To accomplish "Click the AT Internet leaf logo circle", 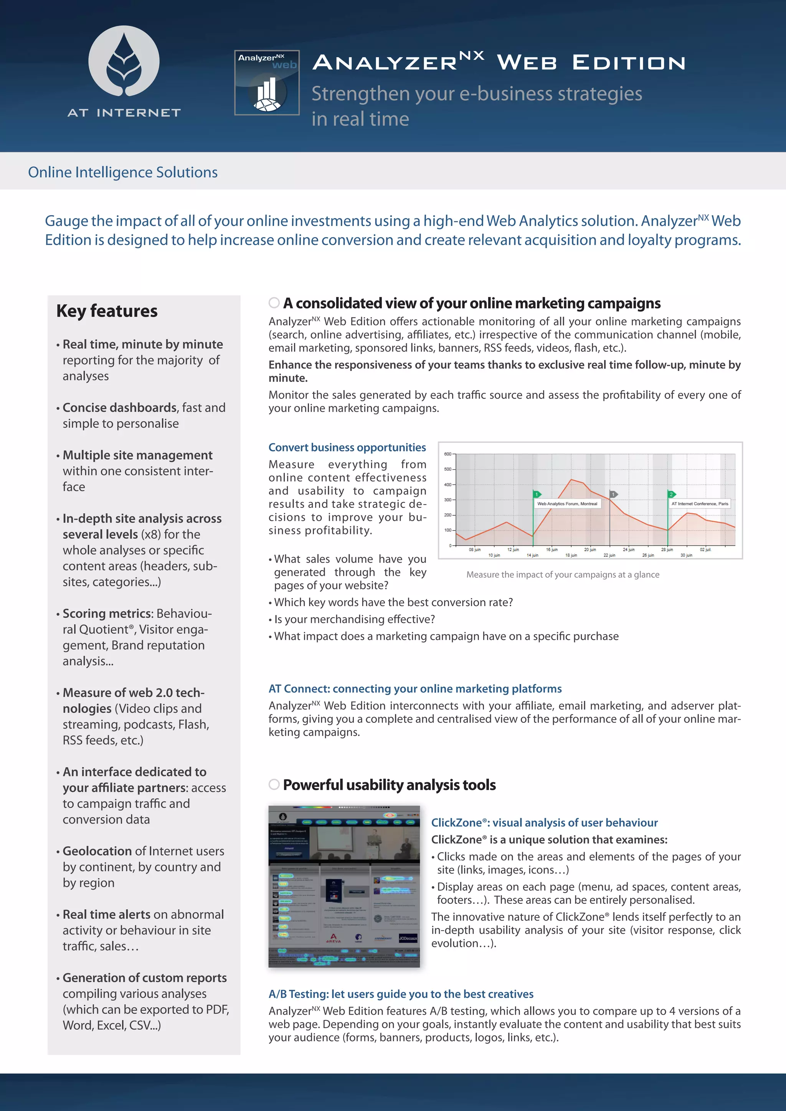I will click(x=124, y=61).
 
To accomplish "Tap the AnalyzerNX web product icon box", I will click(x=267, y=83).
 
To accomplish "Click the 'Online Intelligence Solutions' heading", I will click(x=122, y=172).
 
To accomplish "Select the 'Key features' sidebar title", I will click(x=107, y=311).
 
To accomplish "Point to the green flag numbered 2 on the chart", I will click(x=671, y=494).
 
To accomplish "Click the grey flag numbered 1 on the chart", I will click(x=613, y=494).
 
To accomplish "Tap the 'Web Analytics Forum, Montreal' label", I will click(x=567, y=504).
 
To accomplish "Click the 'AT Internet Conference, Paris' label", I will click(x=699, y=504).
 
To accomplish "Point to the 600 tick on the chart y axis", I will click(x=448, y=454).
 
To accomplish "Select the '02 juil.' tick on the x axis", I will click(x=705, y=550).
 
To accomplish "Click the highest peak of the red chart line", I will click(x=571, y=480).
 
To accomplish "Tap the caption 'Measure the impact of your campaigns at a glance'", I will click(x=562, y=574).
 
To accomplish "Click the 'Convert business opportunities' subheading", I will click(x=347, y=448).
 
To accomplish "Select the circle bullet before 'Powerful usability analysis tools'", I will click(x=274, y=785).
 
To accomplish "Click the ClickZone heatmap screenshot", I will click(x=344, y=887).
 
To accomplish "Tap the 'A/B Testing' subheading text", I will click(x=401, y=994).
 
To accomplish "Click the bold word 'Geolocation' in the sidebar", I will click(x=97, y=851).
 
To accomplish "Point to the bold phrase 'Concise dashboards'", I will click(x=119, y=407).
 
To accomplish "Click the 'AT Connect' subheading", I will click(x=415, y=689).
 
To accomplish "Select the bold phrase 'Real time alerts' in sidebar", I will click(x=106, y=915).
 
